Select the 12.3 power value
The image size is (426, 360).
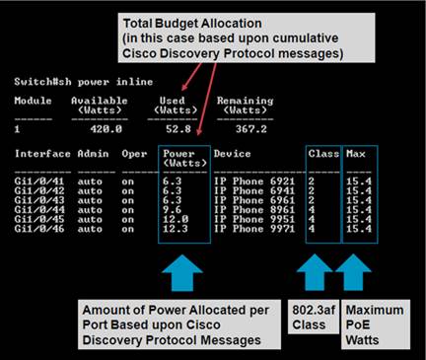pyautogui.click(x=175, y=229)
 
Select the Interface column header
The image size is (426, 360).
pyautogui.click(x=42, y=154)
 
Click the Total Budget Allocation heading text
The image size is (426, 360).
pyautogui.click(x=183, y=22)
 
